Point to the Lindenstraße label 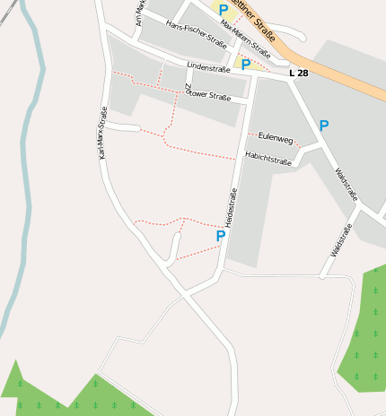(209, 66)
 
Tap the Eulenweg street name (275, 138)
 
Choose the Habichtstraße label (268, 161)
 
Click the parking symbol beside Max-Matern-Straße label (224, 10)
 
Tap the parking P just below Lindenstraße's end (245, 65)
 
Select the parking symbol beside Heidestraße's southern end (220, 236)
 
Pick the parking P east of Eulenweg (323, 126)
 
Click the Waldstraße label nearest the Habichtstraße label (346, 184)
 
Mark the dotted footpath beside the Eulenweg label (256, 134)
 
